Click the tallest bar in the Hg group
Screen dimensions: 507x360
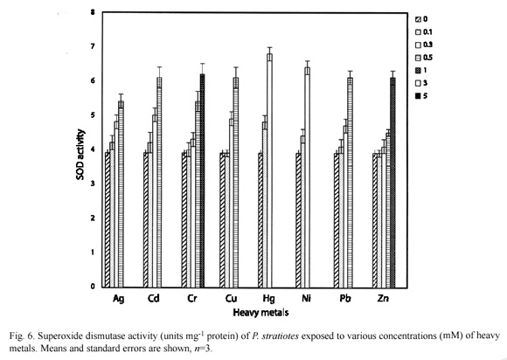pyautogui.click(x=269, y=170)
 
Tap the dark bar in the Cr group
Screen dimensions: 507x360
pyautogui.click(x=203, y=181)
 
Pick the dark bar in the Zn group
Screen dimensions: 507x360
pyautogui.click(x=392, y=183)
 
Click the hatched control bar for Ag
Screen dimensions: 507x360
pyautogui.click(x=108, y=219)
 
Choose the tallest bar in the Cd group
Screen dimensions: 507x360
pyautogui.click(x=159, y=183)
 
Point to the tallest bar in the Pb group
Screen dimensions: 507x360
pyautogui.click(x=350, y=183)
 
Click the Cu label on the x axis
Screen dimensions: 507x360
pyautogui.click(x=231, y=298)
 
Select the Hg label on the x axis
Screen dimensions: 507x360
pyautogui.click(x=268, y=299)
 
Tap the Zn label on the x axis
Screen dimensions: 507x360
pyautogui.click(x=383, y=298)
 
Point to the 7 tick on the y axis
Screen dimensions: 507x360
pyautogui.click(x=93, y=46)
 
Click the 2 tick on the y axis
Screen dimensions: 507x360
pyautogui.click(x=93, y=218)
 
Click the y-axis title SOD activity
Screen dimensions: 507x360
pyautogui.click(x=80, y=155)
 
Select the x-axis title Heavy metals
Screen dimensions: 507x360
pyautogui.click(x=260, y=313)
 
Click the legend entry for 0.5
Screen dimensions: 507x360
pyautogui.click(x=424, y=58)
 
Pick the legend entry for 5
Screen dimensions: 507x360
pyautogui.click(x=421, y=95)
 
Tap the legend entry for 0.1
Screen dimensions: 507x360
pyautogui.click(x=424, y=32)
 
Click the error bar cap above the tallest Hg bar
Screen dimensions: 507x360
pyautogui.click(x=269, y=47)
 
